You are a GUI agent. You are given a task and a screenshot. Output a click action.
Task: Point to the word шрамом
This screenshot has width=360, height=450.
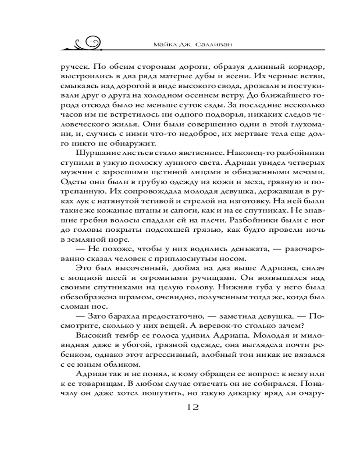point(130,298)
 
